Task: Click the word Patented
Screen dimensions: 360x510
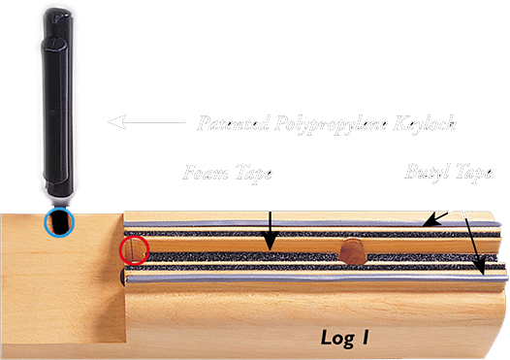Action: [x=231, y=123]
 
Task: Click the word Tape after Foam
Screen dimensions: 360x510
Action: [x=253, y=176]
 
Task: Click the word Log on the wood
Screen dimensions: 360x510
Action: [x=339, y=337]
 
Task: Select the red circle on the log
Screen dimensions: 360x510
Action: [x=133, y=251]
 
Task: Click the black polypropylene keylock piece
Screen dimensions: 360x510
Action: [x=58, y=107]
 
